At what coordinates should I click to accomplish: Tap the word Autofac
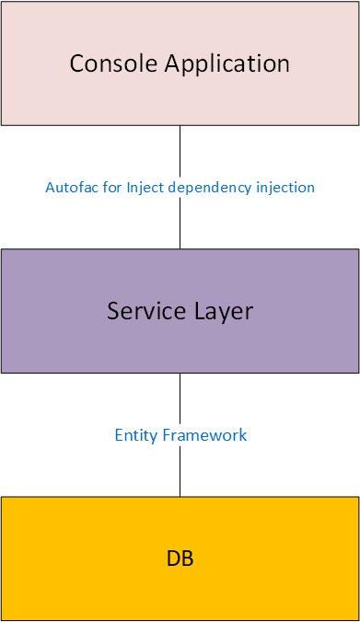tap(69, 187)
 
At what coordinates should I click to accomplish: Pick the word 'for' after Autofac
tap(103, 187)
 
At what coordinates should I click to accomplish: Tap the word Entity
tap(135, 434)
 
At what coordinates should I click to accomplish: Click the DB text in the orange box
tap(180, 559)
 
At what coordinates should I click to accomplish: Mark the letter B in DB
tap(188, 559)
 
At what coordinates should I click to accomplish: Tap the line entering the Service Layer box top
tap(180, 225)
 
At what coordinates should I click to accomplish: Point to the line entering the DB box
tap(180, 474)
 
